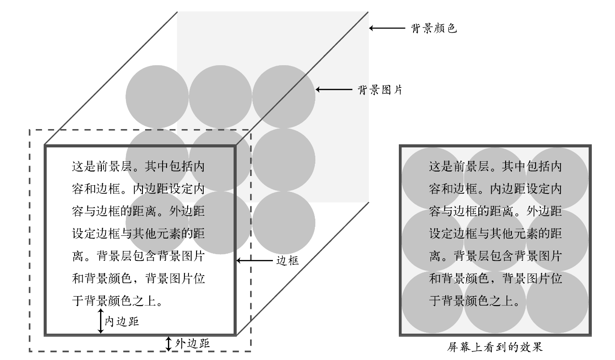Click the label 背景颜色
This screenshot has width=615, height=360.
tap(434, 29)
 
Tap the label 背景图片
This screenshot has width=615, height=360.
tap(380, 90)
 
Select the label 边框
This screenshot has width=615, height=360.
tap(288, 261)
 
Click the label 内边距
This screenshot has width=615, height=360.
tap(121, 321)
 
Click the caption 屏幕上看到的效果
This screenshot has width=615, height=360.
tap(495, 347)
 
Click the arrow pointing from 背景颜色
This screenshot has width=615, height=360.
tap(387, 28)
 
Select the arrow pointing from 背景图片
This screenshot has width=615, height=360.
tap(334, 89)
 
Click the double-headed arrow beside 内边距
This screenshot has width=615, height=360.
tap(101, 321)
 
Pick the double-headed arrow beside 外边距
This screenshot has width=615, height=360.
tap(168, 343)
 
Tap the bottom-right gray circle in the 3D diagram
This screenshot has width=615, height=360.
tap(284, 222)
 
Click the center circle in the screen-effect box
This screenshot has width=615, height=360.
tap(495, 240)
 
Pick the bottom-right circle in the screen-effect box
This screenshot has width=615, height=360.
tap(557, 302)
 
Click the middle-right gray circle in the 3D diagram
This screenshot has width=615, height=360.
tap(284, 159)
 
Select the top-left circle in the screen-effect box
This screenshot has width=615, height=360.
tap(432, 178)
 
